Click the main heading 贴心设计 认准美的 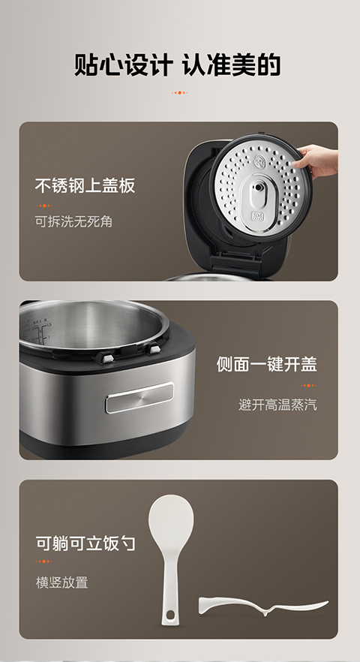[x=178, y=65]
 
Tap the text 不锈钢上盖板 [x=85, y=186]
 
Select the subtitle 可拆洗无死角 [x=73, y=221]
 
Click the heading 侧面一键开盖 [x=267, y=364]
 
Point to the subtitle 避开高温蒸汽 [x=277, y=405]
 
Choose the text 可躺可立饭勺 [x=85, y=543]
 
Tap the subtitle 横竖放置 [x=61, y=582]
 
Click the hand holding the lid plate [x=316, y=161]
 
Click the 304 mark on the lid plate [x=257, y=217]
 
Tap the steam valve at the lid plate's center [x=257, y=188]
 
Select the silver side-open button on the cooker [x=139, y=397]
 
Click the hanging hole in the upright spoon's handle [x=170, y=615]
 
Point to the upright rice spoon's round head [x=171, y=519]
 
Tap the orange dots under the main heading [x=180, y=92]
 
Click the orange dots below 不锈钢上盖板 [x=44, y=206]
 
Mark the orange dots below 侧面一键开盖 [x=309, y=385]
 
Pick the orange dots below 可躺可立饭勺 [x=44, y=561]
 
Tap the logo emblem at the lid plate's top [x=259, y=161]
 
